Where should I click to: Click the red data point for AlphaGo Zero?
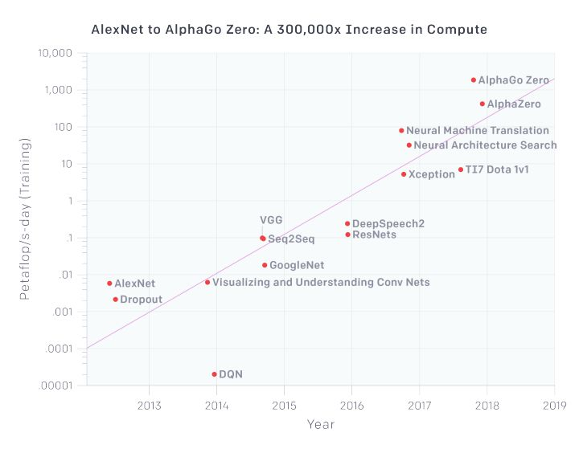474,80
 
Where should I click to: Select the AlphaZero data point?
482,104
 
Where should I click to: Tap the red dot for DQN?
214,374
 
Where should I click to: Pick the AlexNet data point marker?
109,284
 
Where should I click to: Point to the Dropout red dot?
115,300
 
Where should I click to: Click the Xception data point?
404,174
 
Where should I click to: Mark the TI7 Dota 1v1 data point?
461,169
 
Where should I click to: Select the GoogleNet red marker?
265,265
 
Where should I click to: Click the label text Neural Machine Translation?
478,130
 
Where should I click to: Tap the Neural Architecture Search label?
485,145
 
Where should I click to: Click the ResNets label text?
374,235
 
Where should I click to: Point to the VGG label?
271,220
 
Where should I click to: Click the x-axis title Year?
320,424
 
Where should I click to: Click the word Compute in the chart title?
458,30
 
